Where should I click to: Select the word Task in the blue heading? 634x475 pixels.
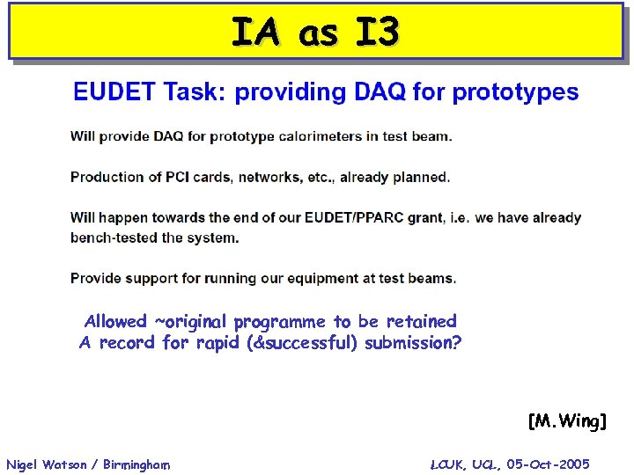point(190,92)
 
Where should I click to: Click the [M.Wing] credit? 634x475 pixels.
point(567,422)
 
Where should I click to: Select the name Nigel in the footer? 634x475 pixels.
point(21,464)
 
